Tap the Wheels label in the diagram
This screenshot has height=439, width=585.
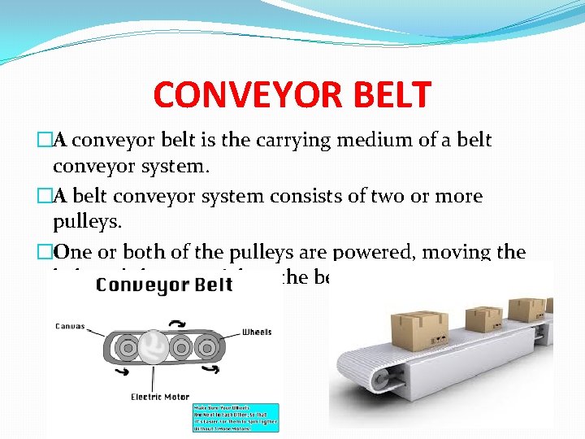coord(256,332)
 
